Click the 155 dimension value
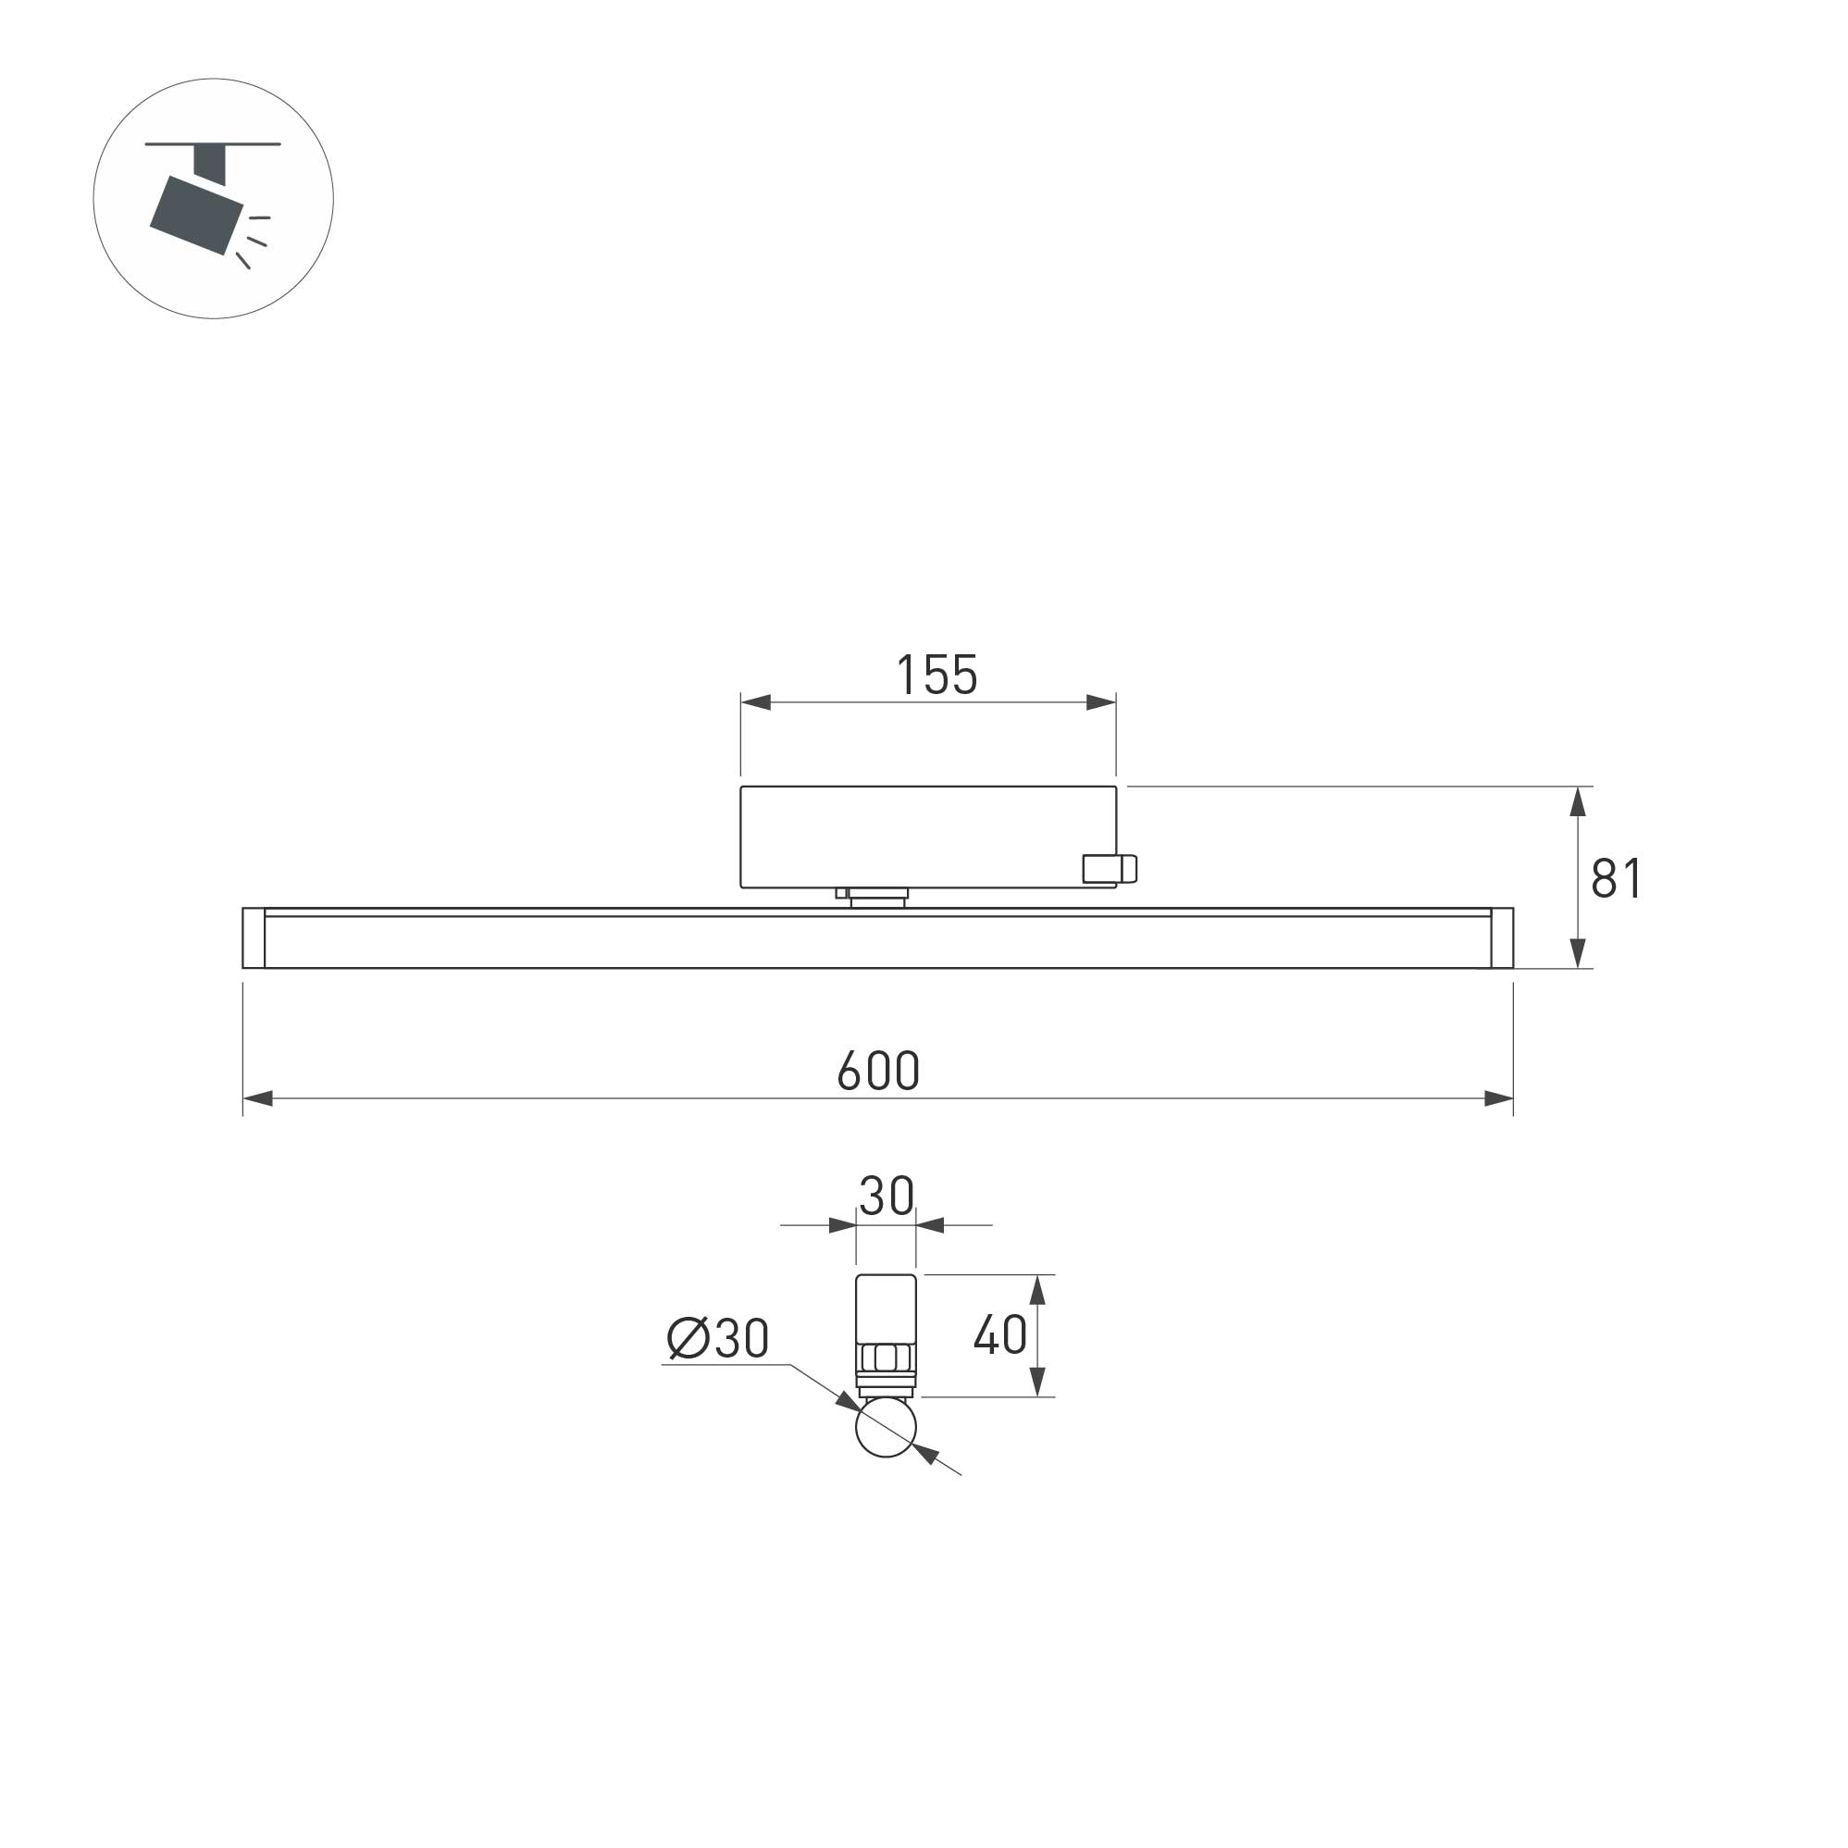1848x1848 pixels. click(x=936, y=676)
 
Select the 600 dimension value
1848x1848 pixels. click(x=878, y=1071)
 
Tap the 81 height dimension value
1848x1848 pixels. click(x=1617, y=878)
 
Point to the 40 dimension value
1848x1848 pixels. click(x=1000, y=1334)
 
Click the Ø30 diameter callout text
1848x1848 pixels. click(x=718, y=1337)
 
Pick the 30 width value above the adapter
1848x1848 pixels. click(x=886, y=1196)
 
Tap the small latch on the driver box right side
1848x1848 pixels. click(x=1110, y=869)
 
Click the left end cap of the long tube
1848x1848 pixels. click(x=254, y=938)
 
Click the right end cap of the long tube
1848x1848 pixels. click(x=1502, y=938)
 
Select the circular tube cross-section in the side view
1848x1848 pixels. click(x=886, y=1426)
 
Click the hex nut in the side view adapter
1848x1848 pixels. click(x=885, y=1358)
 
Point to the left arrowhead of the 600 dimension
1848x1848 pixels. click(x=258, y=1098)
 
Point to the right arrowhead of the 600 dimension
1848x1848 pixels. click(x=1498, y=1098)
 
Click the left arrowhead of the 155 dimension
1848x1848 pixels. click(x=756, y=702)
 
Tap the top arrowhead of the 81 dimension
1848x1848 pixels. click(x=1579, y=801)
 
